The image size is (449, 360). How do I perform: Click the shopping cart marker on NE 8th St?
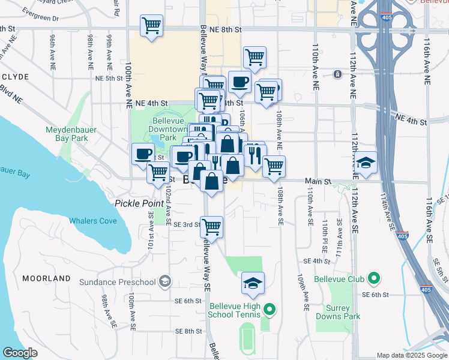coord(152,26)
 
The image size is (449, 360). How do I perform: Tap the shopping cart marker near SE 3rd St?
coord(211,227)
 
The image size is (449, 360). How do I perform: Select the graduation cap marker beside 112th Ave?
coord(366,163)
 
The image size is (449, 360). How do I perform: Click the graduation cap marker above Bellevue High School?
coord(253,283)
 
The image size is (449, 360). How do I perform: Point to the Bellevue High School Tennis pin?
coord(270,310)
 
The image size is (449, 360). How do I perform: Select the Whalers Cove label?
coord(92,221)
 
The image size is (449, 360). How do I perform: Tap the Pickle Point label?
coord(139,203)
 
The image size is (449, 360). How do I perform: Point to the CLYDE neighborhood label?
coord(15,77)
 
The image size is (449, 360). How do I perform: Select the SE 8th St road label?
coord(188,331)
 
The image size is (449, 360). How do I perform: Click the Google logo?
coord(20,353)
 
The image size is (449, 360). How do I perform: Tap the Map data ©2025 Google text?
coord(412,355)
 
